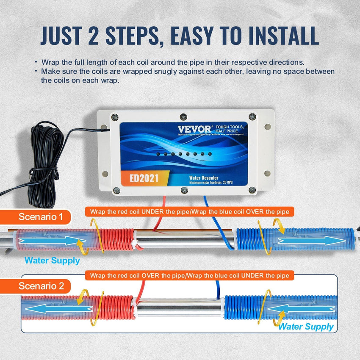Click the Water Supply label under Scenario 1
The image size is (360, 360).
click(52, 260)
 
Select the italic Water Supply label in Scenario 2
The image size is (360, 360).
click(306, 327)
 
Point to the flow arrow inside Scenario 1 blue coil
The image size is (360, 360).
click(311, 241)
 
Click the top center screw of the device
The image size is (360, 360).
click(183, 116)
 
